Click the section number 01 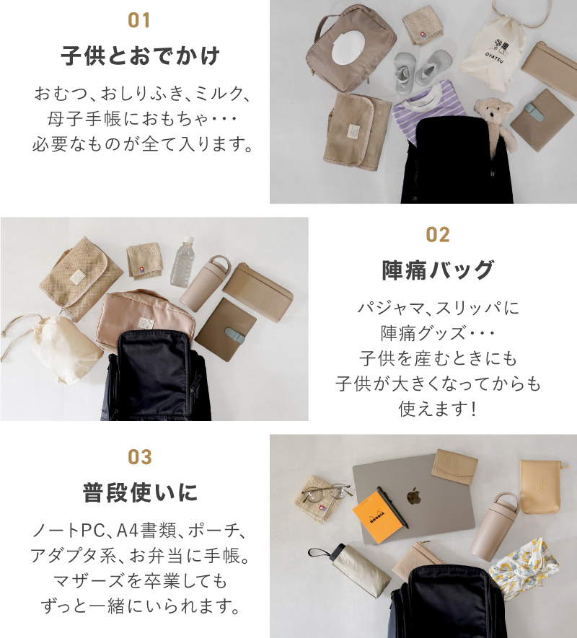coord(139,20)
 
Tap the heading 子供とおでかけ coord(139,56)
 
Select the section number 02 coord(438,235)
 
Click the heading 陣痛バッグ coord(438,270)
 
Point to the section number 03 coord(139,457)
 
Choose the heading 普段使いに coord(139,493)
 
